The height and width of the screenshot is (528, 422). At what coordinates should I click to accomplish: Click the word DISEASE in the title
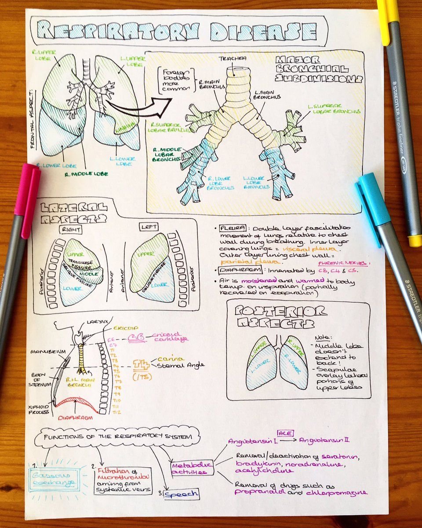click(x=263, y=32)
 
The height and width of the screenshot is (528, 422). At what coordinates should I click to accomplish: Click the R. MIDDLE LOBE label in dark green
click(x=85, y=174)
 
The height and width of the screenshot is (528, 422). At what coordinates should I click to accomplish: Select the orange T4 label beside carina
click(x=141, y=363)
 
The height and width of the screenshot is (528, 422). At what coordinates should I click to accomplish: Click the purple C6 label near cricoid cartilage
click(x=136, y=338)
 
